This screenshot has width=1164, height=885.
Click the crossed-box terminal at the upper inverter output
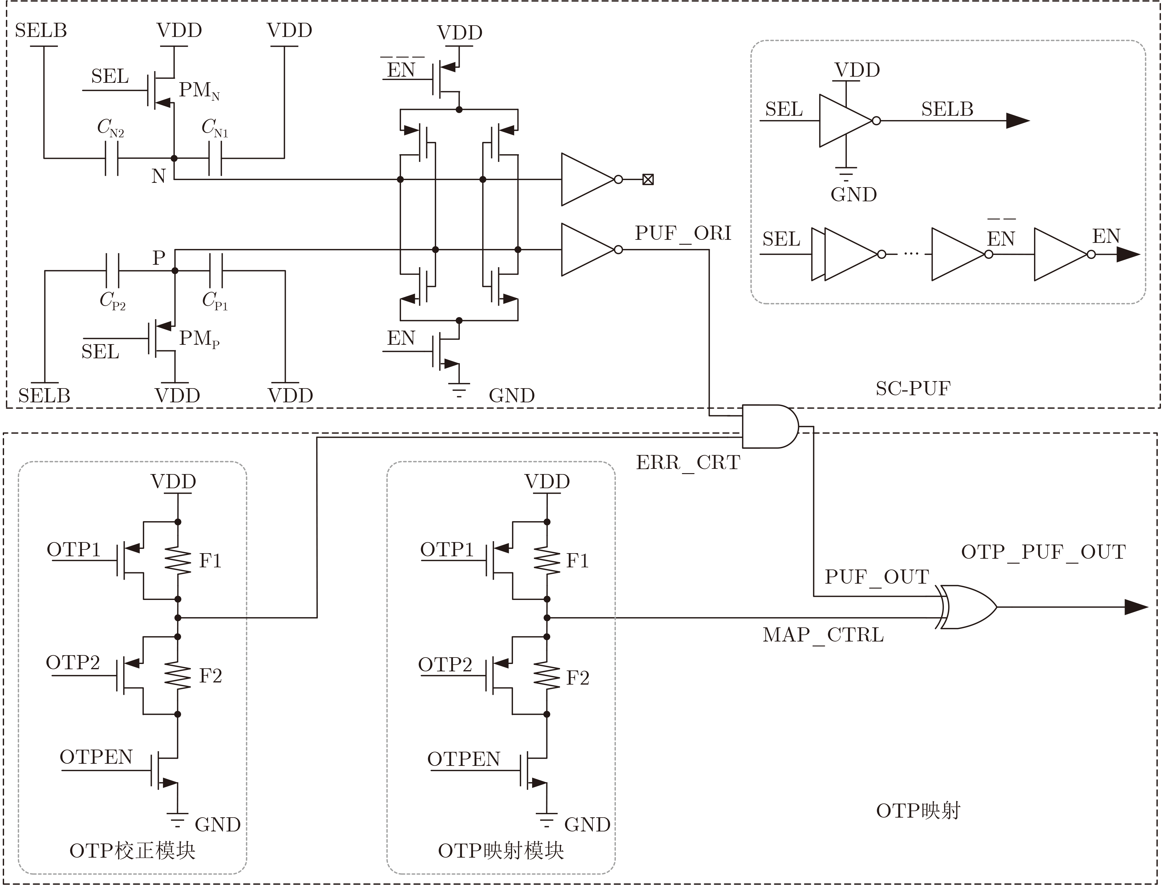click(648, 180)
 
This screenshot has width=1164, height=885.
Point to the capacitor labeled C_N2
click(111, 158)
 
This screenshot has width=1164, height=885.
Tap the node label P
click(159, 258)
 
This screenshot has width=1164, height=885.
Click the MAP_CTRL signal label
click(823, 635)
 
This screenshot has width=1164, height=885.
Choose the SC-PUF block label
click(913, 388)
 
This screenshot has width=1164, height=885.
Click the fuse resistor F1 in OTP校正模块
click(178, 561)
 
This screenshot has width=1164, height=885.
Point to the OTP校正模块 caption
click(132, 851)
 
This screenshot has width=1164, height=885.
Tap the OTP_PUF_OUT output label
click(1043, 552)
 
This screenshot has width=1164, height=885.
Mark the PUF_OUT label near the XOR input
click(877, 577)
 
